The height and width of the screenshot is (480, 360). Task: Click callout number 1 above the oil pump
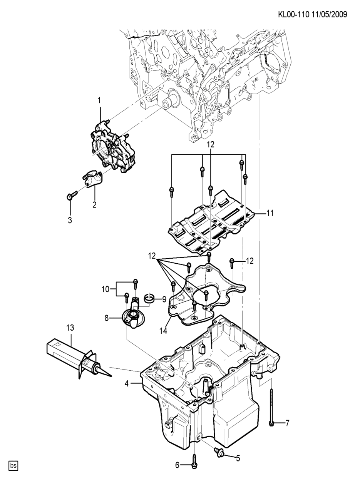pos(99,100)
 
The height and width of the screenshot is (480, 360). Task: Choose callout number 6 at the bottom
pos(177,465)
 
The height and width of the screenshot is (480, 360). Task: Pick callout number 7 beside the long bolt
pos(287,423)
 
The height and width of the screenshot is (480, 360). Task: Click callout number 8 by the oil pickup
pos(107,318)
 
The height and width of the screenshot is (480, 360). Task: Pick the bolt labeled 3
pos(70,197)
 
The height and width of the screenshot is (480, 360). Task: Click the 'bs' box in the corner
pos(13,465)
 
